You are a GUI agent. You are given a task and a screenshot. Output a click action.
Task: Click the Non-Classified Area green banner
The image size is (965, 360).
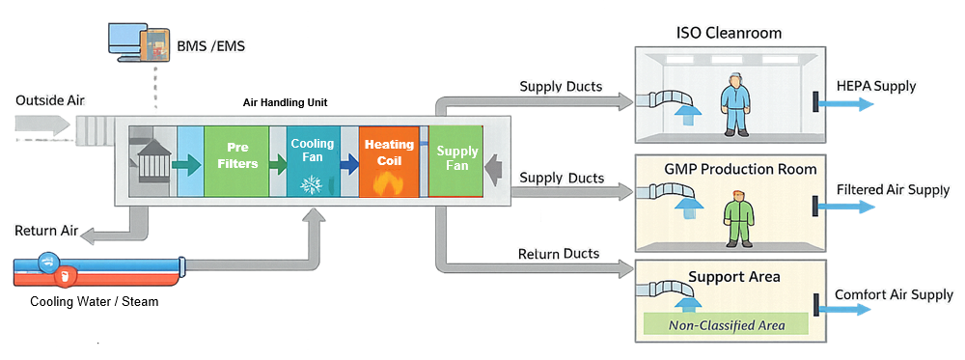(727, 324)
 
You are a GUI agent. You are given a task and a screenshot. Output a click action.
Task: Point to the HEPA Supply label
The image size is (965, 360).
(876, 87)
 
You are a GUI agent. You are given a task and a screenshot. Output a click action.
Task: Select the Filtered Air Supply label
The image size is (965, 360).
(894, 190)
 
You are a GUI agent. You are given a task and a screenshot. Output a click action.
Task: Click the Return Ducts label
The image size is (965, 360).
(559, 254)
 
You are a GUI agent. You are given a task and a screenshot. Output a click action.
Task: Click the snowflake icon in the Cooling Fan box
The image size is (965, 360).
(312, 183)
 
